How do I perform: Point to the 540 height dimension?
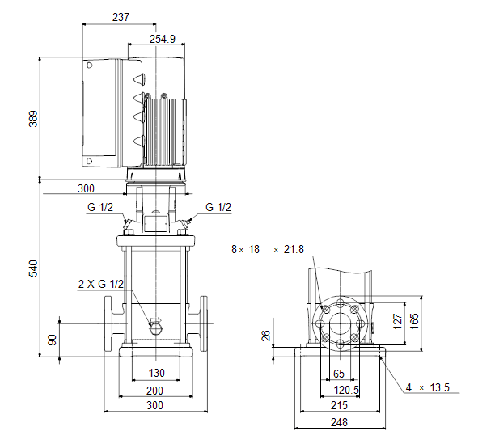(x=33, y=269)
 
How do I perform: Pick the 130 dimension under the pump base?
(x=157, y=373)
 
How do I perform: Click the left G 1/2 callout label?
(x=100, y=208)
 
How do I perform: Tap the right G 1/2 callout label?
(x=218, y=208)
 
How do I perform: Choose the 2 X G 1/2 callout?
(x=101, y=284)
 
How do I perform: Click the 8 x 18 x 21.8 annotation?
(x=267, y=250)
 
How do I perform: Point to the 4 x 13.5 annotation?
(x=427, y=388)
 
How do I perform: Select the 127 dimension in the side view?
(x=397, y=321)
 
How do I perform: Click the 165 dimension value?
(x=415, y=321)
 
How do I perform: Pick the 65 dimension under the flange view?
(x=339, y=374)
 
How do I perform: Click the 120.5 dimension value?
(x=346, y=389)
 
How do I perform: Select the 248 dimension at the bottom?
(x=339, y=422)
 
